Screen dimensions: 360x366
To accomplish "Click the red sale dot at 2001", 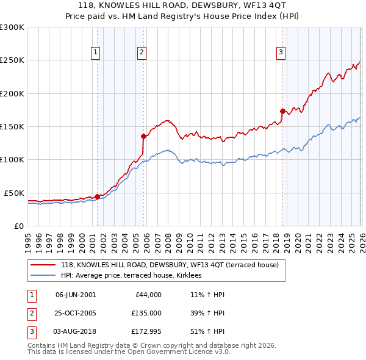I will tap(97, 196).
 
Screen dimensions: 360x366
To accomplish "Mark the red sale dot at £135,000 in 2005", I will tap(143, 136).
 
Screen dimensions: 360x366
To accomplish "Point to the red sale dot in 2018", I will tap(282, 111).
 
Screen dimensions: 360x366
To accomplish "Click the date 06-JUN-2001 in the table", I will tap(76, 294).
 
